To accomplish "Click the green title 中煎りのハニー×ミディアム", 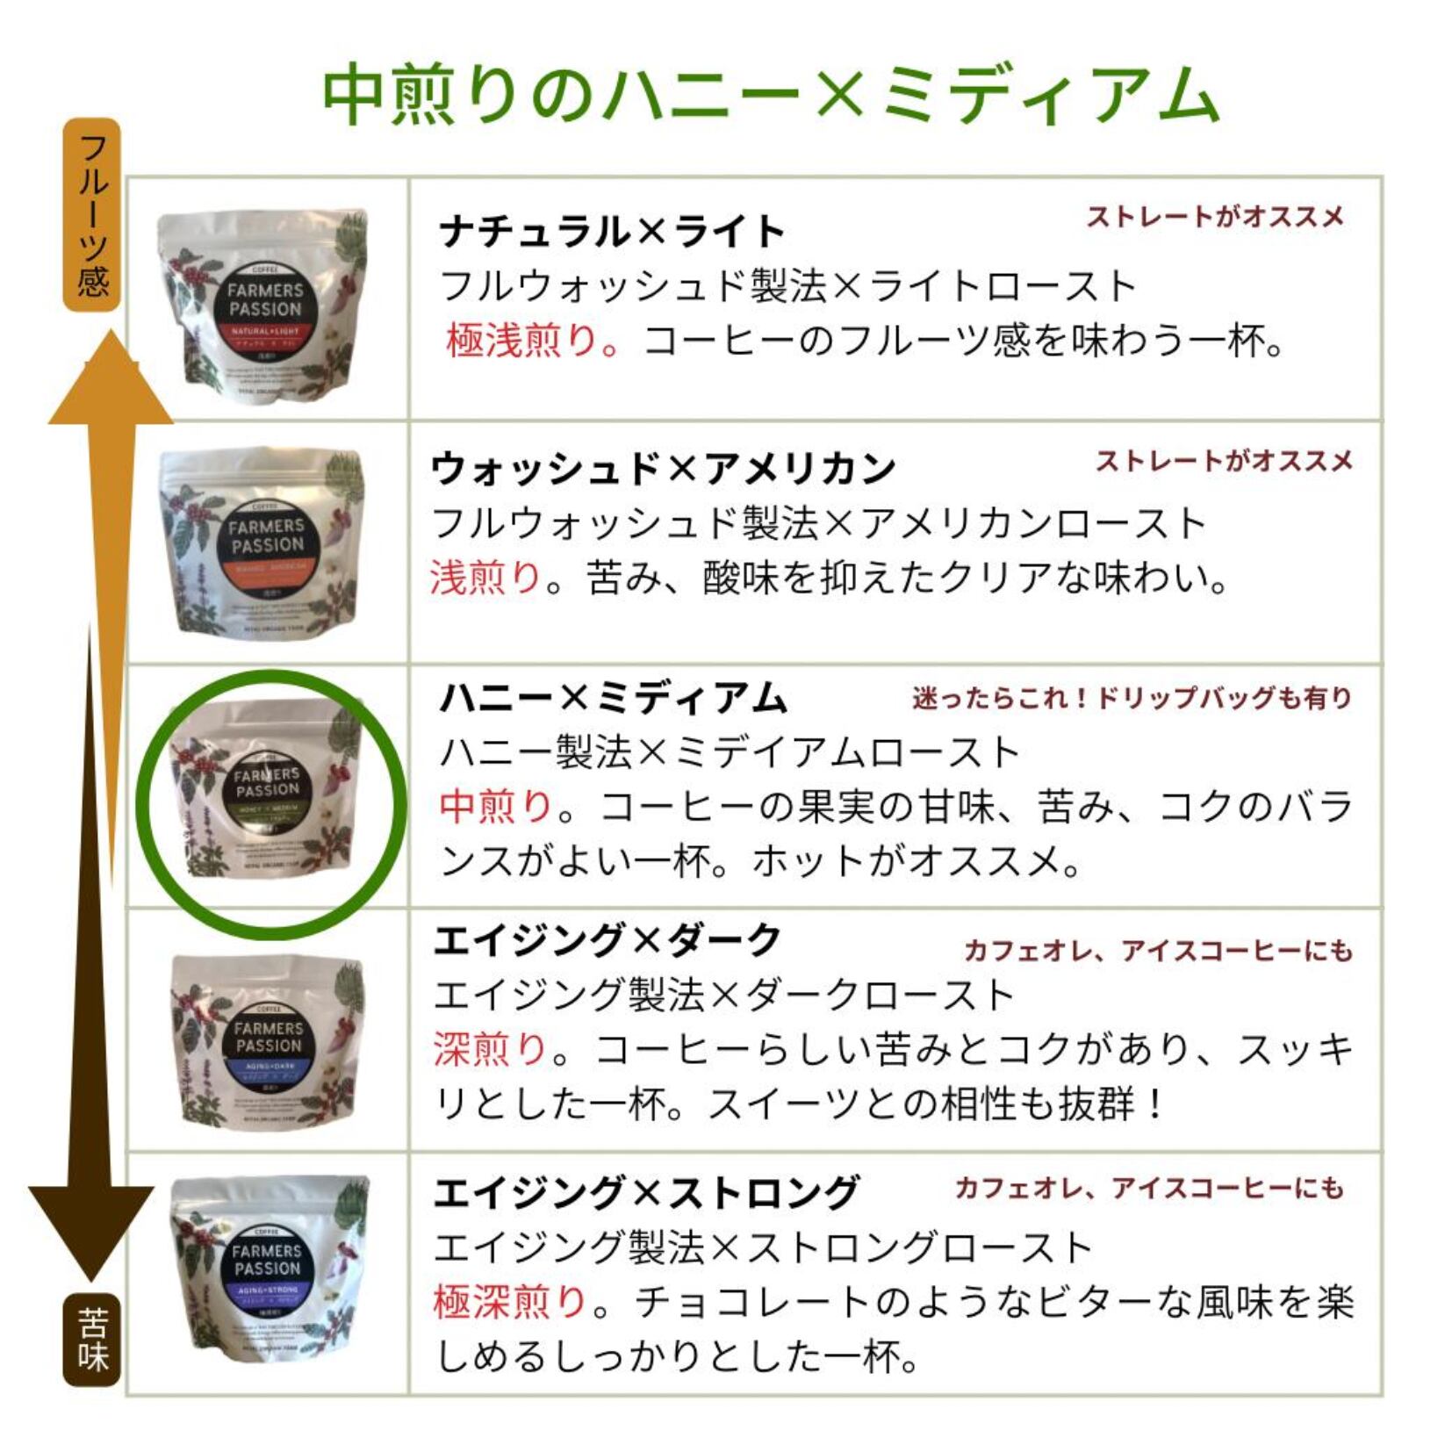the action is (770, 95).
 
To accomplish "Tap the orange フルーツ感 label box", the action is (91, 215).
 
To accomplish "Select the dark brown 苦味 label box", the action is (91, 1341).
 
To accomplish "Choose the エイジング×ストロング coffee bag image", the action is (268, 1269).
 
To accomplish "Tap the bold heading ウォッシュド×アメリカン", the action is (663, 469).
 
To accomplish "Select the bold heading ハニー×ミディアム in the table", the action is (613, 699).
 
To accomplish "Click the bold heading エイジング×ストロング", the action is (645, 1192).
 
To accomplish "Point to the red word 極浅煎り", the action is (522, 341).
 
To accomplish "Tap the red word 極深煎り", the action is (509, 1301).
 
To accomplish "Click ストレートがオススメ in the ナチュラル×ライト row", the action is (1215, 216).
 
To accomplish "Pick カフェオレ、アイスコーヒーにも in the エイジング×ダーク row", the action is (1157, 950).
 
